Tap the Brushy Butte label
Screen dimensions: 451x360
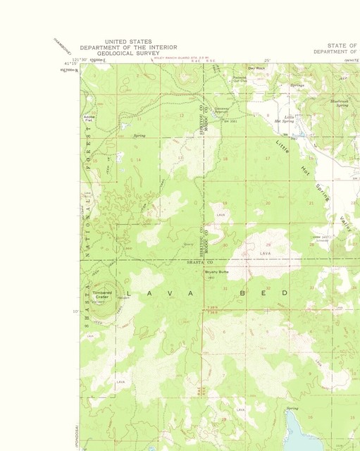pyautogui.click(x=216, y=271)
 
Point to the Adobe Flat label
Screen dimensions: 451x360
pyautogui.click(x=89, y=118)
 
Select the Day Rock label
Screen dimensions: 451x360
pyautogui.click(x=255, y=68)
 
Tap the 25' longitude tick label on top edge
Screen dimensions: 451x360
pyautogui.click(x=267, y=61)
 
